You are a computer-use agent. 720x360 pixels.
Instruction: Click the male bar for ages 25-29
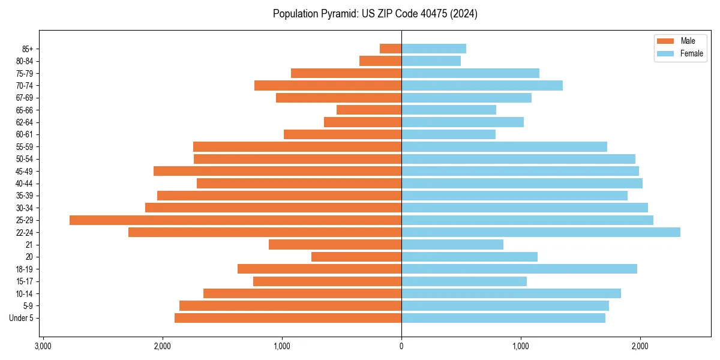pos(235,220)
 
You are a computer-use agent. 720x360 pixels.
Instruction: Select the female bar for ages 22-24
pos(541,232)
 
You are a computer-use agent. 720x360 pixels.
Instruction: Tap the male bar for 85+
pos(391,49)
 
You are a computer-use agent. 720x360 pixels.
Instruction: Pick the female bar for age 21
pos(452,245)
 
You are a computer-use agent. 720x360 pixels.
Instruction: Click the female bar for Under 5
pos(503,318)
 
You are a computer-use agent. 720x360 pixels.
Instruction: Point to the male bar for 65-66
pos(369,110)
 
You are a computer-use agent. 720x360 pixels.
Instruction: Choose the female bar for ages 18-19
pos(519,269)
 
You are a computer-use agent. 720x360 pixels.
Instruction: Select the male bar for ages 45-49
pos(277,171)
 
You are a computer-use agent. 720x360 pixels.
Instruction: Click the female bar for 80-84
pos(431,61)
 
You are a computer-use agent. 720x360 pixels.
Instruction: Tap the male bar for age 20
pos(356,257)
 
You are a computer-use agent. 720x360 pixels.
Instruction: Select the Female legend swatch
pos(666,53)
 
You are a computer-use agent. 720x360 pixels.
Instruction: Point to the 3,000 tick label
pos(43,346)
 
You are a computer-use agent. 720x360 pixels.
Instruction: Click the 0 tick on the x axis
pos(401,346)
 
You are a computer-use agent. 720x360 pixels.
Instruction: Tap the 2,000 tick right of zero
pos(640,346)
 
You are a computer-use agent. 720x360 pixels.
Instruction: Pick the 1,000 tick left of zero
pos(282,346)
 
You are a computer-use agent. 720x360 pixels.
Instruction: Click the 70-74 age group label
pos(25,85)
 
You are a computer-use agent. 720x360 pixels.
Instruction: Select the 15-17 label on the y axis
pos(25,281)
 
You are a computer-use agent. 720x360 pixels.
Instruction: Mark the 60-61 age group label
pos(25,134)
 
